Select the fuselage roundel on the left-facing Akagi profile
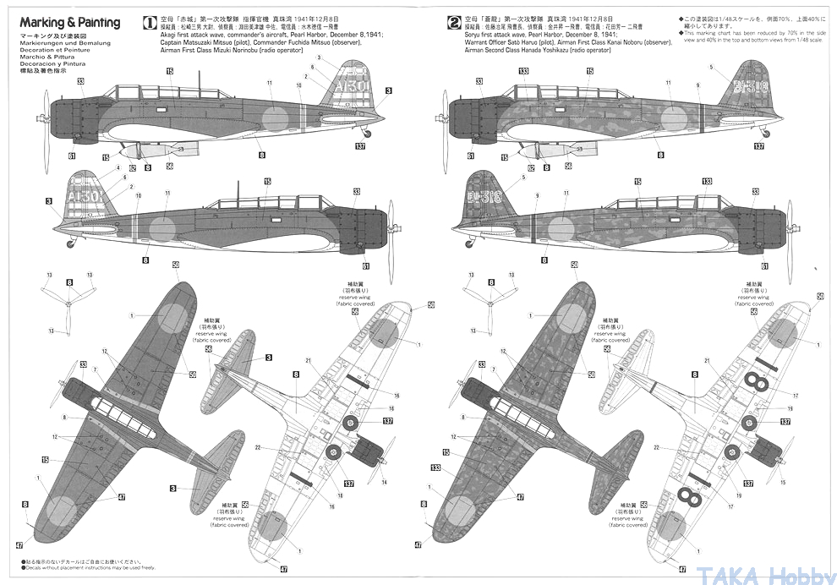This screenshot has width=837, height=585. [274, 118]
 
